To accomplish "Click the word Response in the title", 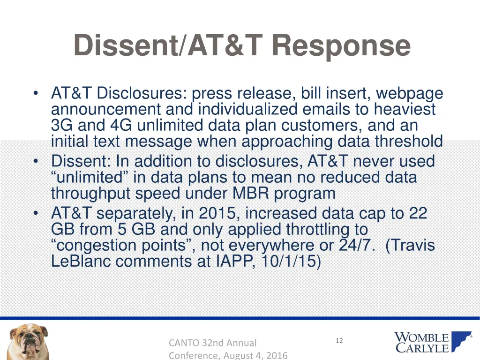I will (341, 46).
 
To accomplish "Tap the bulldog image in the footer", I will (28, 341).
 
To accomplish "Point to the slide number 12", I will (339, 341).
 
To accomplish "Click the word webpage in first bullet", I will (409, 94).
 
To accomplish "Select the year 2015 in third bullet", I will (217, 213).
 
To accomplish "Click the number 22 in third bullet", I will (418, 213).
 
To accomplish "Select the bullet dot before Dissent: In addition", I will (36, 162).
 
